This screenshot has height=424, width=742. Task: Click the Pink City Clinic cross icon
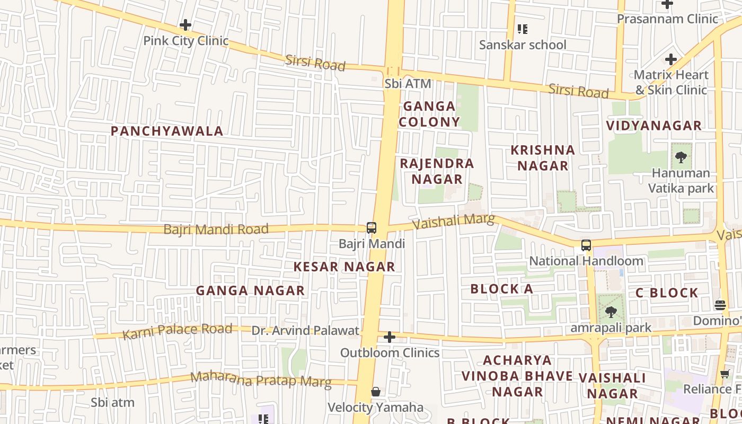click(x=185, y=25)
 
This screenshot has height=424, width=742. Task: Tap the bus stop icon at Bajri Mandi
click(x=372, y=228)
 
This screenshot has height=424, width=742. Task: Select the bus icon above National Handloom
click(x=586, y=245)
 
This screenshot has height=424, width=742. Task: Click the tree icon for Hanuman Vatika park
click(x=681, y=157)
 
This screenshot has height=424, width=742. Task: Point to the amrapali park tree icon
click(x=611, y=312)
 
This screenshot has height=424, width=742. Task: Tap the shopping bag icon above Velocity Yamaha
click(x=376, y=392)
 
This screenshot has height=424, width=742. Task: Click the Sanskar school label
click(x=523, y=45)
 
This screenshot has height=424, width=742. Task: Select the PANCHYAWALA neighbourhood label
click(x=167, y=131)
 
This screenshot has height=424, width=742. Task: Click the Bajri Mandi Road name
click(x=216, y=229)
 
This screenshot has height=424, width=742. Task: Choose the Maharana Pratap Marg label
click(x=261, y=379)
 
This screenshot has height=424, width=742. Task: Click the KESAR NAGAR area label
click(x=344, y=267)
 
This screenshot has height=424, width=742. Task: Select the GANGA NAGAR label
click(x=250, y=290)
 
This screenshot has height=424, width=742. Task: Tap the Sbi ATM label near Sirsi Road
click(x=408, y=84)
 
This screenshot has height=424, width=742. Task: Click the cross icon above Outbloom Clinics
click(x=390, y=337)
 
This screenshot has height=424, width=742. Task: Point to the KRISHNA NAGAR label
click(x=543, y=157)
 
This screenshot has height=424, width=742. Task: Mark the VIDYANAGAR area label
click(x=654, y=126)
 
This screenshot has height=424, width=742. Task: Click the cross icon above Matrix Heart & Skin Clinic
click(x=671, y=59)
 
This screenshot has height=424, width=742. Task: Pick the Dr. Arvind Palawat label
click(x=305, y=331)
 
